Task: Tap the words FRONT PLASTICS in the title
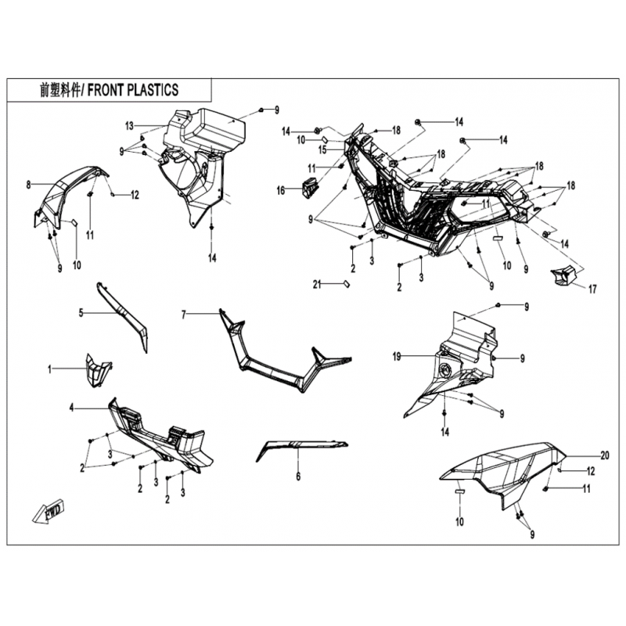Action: [x=133, y=90]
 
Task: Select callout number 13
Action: [x=129, y=126]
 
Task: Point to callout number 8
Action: [x=28, y=185]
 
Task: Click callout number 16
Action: [x=281, y=190]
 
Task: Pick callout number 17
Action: [x=592, y=289]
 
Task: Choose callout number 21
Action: [x=317, y=285]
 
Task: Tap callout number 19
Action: [x=397, y=357]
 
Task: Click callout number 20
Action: [x=605, y=455]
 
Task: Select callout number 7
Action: [x=184, y=315]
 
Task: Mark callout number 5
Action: [x=81, y=313]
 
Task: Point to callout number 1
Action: [x=49, y=369]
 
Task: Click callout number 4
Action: [x=72, y=408]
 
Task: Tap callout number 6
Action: [x=298, y=477]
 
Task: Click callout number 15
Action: [x=322, y=149]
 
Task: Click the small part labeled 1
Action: [x=97, y=369]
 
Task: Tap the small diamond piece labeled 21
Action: [x=346, y=284]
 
